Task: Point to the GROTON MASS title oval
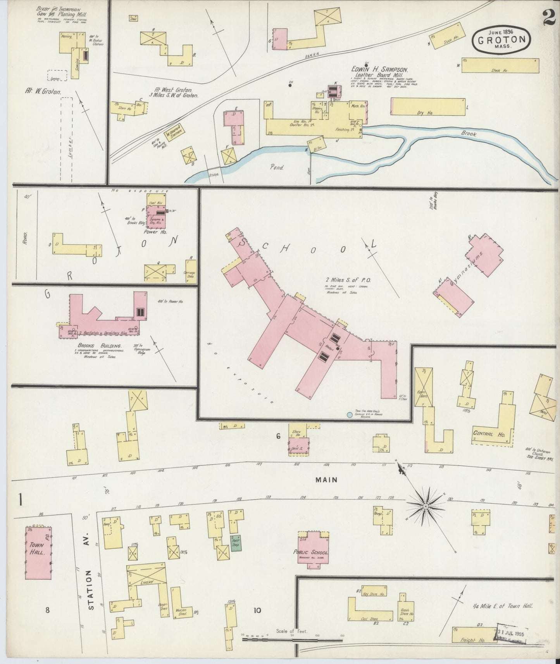pyautogui.click(x=501, y=39)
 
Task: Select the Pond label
pyautogui.click(x=277, y=168)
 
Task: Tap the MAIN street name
pyautogui.click(x=326, y=480)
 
